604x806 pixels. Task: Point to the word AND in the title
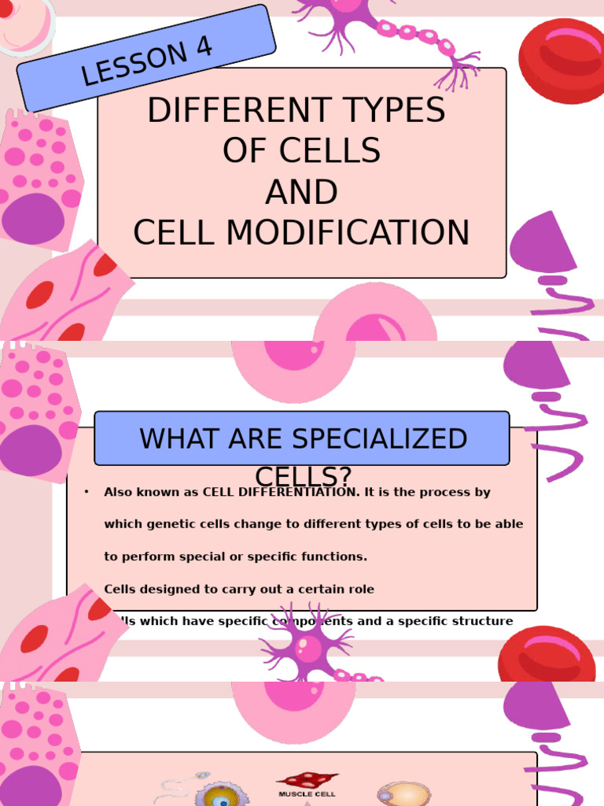click(301, 192)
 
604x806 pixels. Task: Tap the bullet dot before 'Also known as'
click(86, 493)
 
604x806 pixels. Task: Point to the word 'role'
click(359, 589)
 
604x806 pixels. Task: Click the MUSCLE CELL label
click(306, 794)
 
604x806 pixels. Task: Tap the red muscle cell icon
click(306, 780)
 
